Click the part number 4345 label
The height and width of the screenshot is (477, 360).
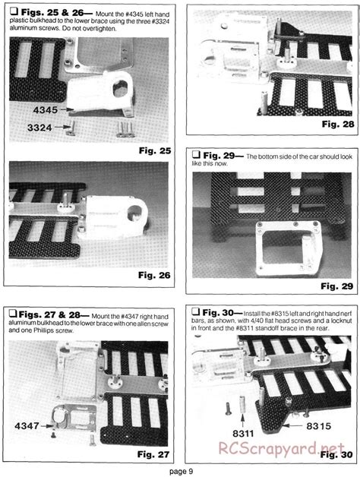coord(46,110)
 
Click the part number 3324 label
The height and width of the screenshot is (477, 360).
coord(39,128)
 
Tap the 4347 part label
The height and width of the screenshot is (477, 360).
coord(27,426)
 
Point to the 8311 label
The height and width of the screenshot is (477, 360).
coord(243,433)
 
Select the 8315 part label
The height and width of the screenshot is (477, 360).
coord(318,426)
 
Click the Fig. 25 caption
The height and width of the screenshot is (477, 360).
coord(155,150)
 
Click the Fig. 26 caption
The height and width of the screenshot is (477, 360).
coord(154,275)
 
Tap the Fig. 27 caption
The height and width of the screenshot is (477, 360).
coord(153,454)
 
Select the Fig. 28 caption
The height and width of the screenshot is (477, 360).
coord(338,124)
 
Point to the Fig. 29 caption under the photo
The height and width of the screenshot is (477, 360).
coord(337,286)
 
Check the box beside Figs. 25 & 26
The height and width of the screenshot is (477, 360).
coord(14,11)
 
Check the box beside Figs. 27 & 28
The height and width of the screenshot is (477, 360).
coord(12,313)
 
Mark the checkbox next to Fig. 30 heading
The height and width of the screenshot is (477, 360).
coord(195,311)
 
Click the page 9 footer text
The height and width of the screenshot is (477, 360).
coord(181,472)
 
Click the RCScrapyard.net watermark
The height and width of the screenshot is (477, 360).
coord(282,448)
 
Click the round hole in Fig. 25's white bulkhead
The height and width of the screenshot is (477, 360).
coord(121,89)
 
